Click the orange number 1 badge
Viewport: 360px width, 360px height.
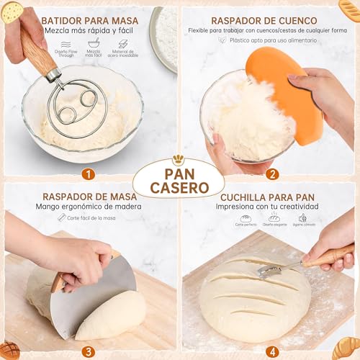pos(88,174)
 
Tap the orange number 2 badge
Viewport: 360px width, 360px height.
pos(273,174)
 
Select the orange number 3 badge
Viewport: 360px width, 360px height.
pos(88,351)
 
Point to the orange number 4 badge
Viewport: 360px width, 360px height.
pos(273,351)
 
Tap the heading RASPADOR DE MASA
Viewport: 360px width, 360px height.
pos(90,195)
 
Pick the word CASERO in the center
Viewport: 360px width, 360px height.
pos(180,187)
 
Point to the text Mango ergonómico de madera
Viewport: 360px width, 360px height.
pos(90,207)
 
